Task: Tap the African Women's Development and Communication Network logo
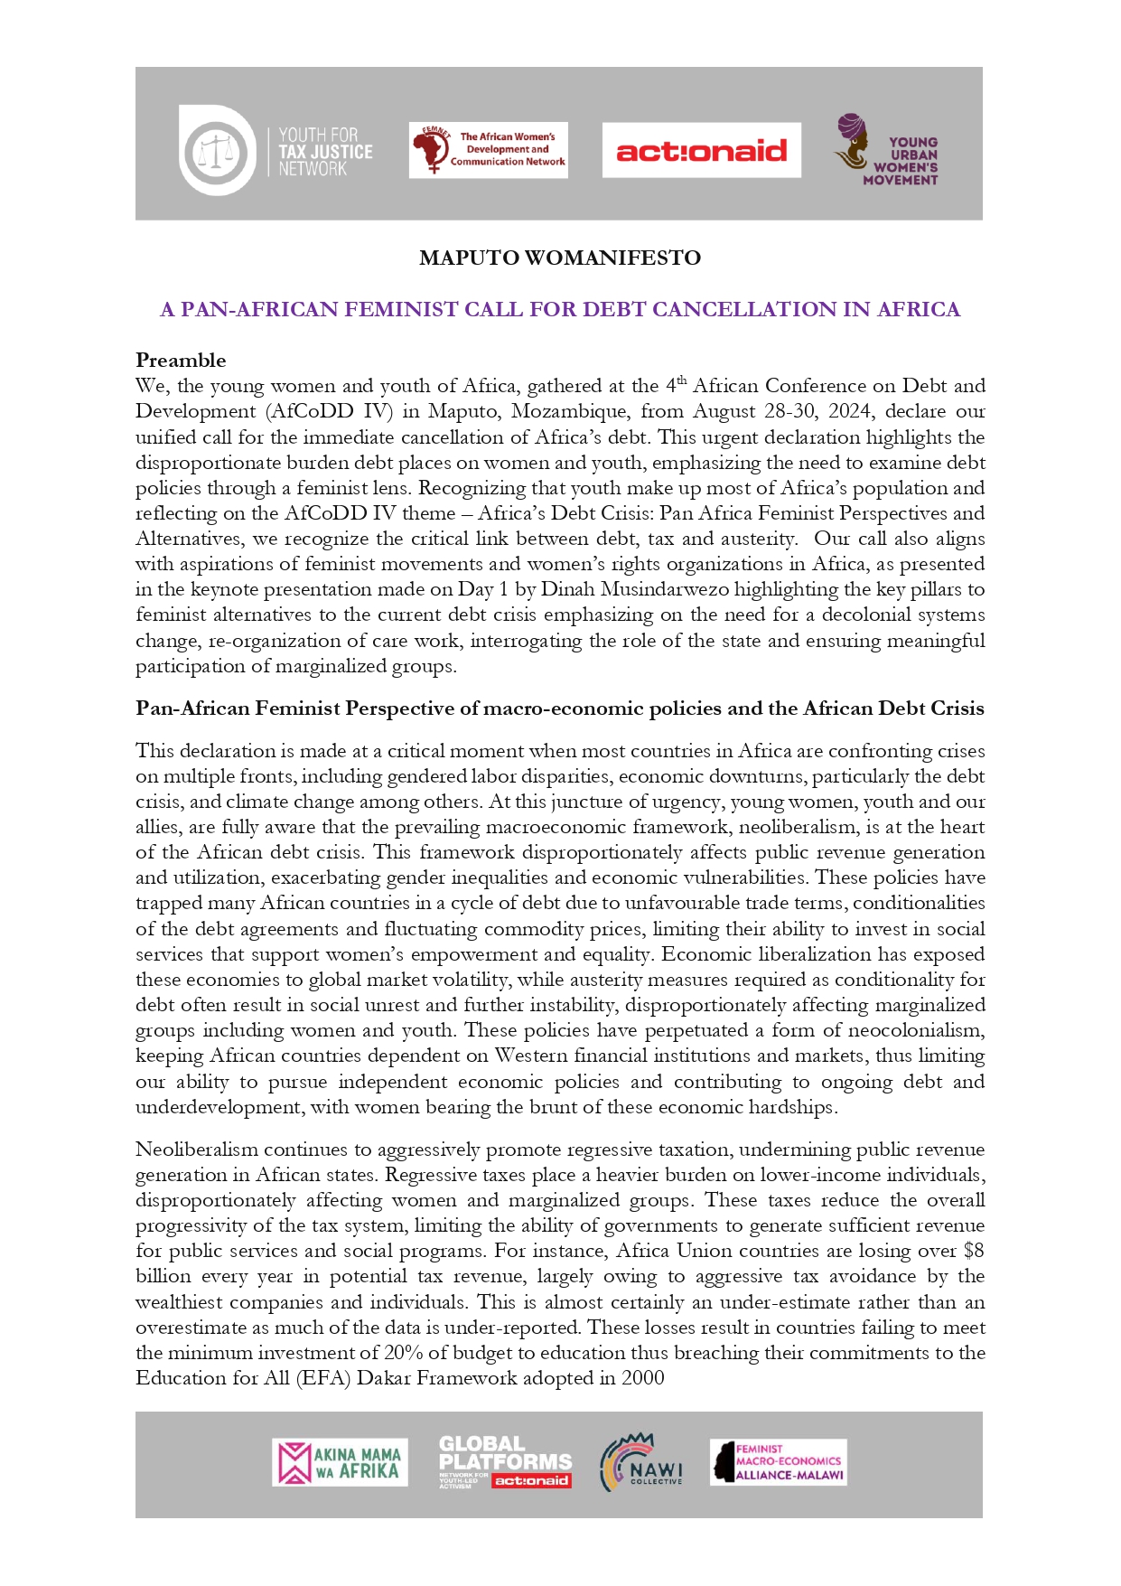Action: coord(488,150)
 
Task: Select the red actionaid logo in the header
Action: coord(701,150)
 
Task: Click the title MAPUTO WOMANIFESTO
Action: coord(560,258)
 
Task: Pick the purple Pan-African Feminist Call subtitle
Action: coord(560,309)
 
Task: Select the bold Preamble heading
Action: coord(181,360)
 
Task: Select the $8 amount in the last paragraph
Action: coord(973,1251)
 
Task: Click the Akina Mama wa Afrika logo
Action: coord(340,1462)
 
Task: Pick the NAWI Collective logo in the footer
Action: coord(641,1462)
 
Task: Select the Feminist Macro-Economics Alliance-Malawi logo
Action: coord(778,1462)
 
